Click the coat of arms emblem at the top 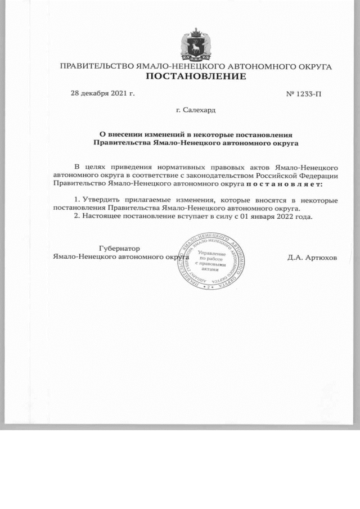(x=195, y=43)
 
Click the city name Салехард (x=199, y=110)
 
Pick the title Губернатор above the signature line (x=119, y=248)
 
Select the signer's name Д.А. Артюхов (x=312, y=257)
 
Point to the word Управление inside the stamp (x=213, y=254)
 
